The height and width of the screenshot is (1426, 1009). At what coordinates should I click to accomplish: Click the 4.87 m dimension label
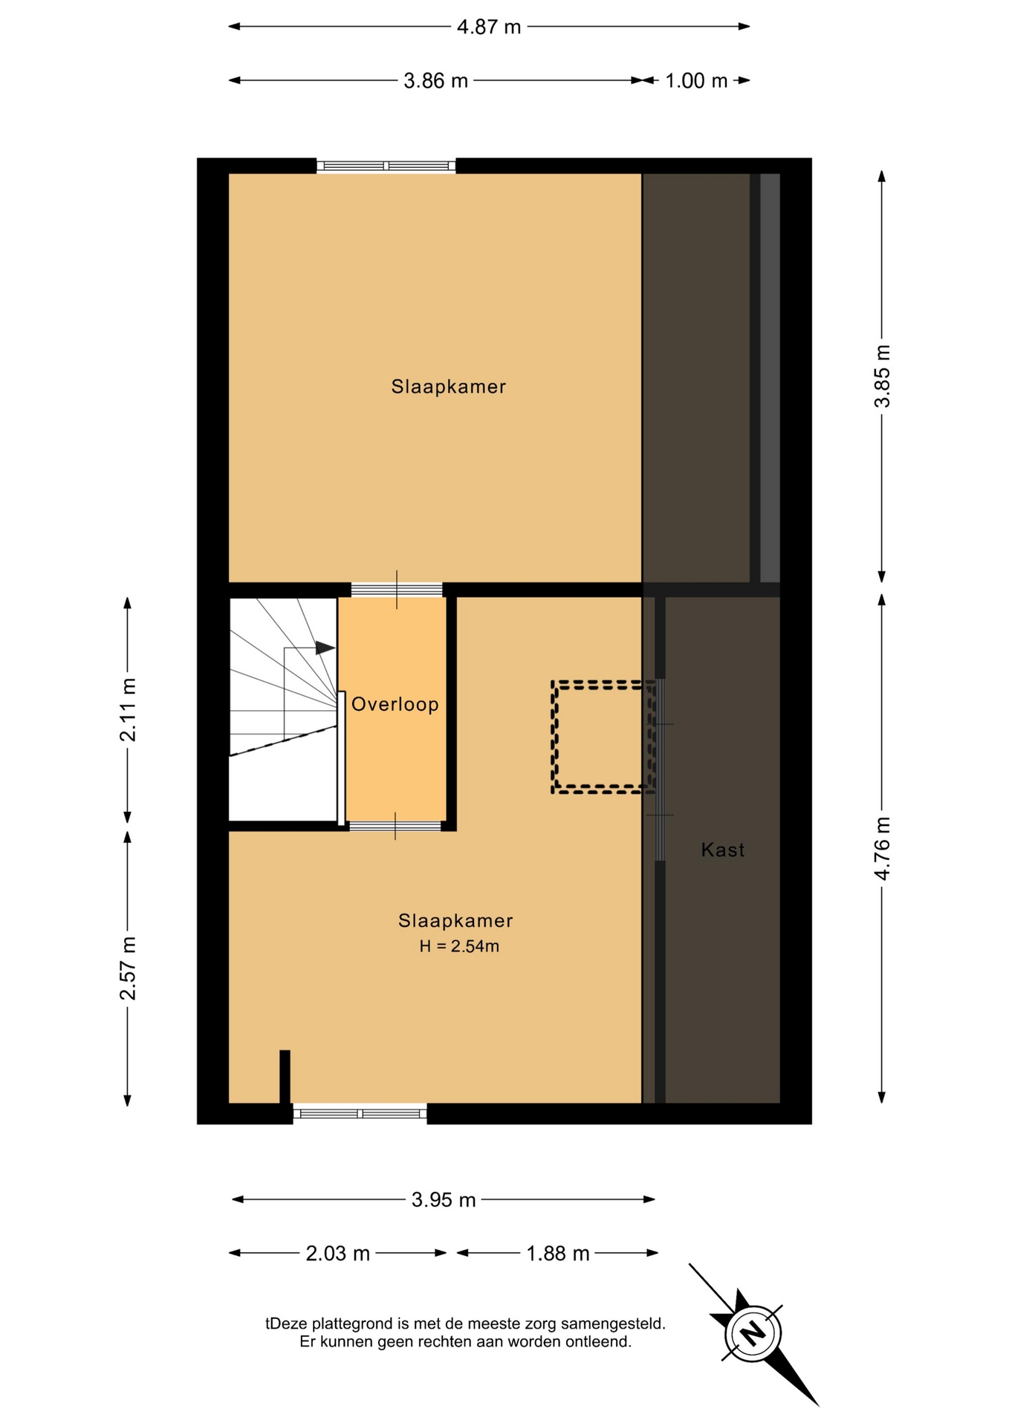(x=489, y=27)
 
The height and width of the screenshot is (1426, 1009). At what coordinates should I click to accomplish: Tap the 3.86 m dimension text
(x=435, y=81)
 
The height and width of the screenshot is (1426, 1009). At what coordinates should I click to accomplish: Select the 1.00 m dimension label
(x=696, y=81)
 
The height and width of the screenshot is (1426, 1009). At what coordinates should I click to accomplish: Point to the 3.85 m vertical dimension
(x=882, y=377)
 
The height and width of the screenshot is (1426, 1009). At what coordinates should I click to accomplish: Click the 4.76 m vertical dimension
(x=882, y=848)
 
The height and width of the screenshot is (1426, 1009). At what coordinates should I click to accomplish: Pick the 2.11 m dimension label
(x=128, y=710)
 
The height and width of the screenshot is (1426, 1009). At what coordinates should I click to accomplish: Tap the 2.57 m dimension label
(x=128, y=968)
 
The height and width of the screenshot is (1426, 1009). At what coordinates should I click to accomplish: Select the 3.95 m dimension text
(x=444, y=1200)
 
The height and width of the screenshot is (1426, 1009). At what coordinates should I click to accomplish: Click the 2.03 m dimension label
(x=338, y=1254)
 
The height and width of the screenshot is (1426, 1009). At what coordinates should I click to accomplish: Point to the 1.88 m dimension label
(x=558, y=1254)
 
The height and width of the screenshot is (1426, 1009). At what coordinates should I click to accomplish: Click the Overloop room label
(x=395, y=705)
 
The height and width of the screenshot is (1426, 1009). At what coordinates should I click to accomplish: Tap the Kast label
(x=723, y=850)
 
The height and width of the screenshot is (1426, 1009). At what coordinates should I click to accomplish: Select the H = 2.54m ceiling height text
(x=459, y=946)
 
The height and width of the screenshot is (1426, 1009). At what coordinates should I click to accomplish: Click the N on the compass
(x=753, y=1333)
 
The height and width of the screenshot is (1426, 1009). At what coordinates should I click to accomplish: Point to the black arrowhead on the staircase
(x=325, y=648)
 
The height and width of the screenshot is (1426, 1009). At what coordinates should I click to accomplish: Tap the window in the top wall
(x=386, y=166)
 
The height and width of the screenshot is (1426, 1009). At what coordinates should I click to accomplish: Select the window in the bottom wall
(x=360, y=1113)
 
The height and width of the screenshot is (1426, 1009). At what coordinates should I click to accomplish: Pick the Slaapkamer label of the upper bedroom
(x=449, y=387)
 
